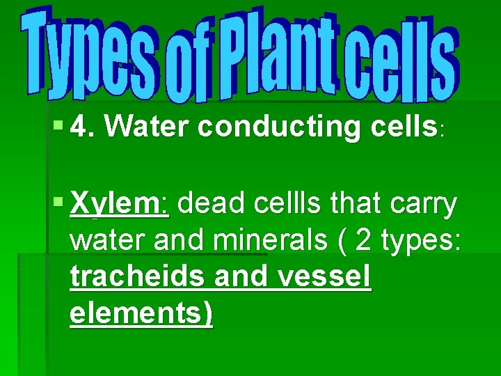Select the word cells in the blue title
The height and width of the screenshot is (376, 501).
[397, 59]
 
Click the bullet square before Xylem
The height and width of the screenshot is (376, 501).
[58, 204]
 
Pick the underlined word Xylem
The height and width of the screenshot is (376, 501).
[119, 205]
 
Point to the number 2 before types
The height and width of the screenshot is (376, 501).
[363, 241]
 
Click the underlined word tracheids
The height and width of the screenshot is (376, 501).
[138, 277]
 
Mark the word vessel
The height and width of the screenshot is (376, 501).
[324, 277]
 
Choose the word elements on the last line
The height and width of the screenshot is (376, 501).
[141, 313]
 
